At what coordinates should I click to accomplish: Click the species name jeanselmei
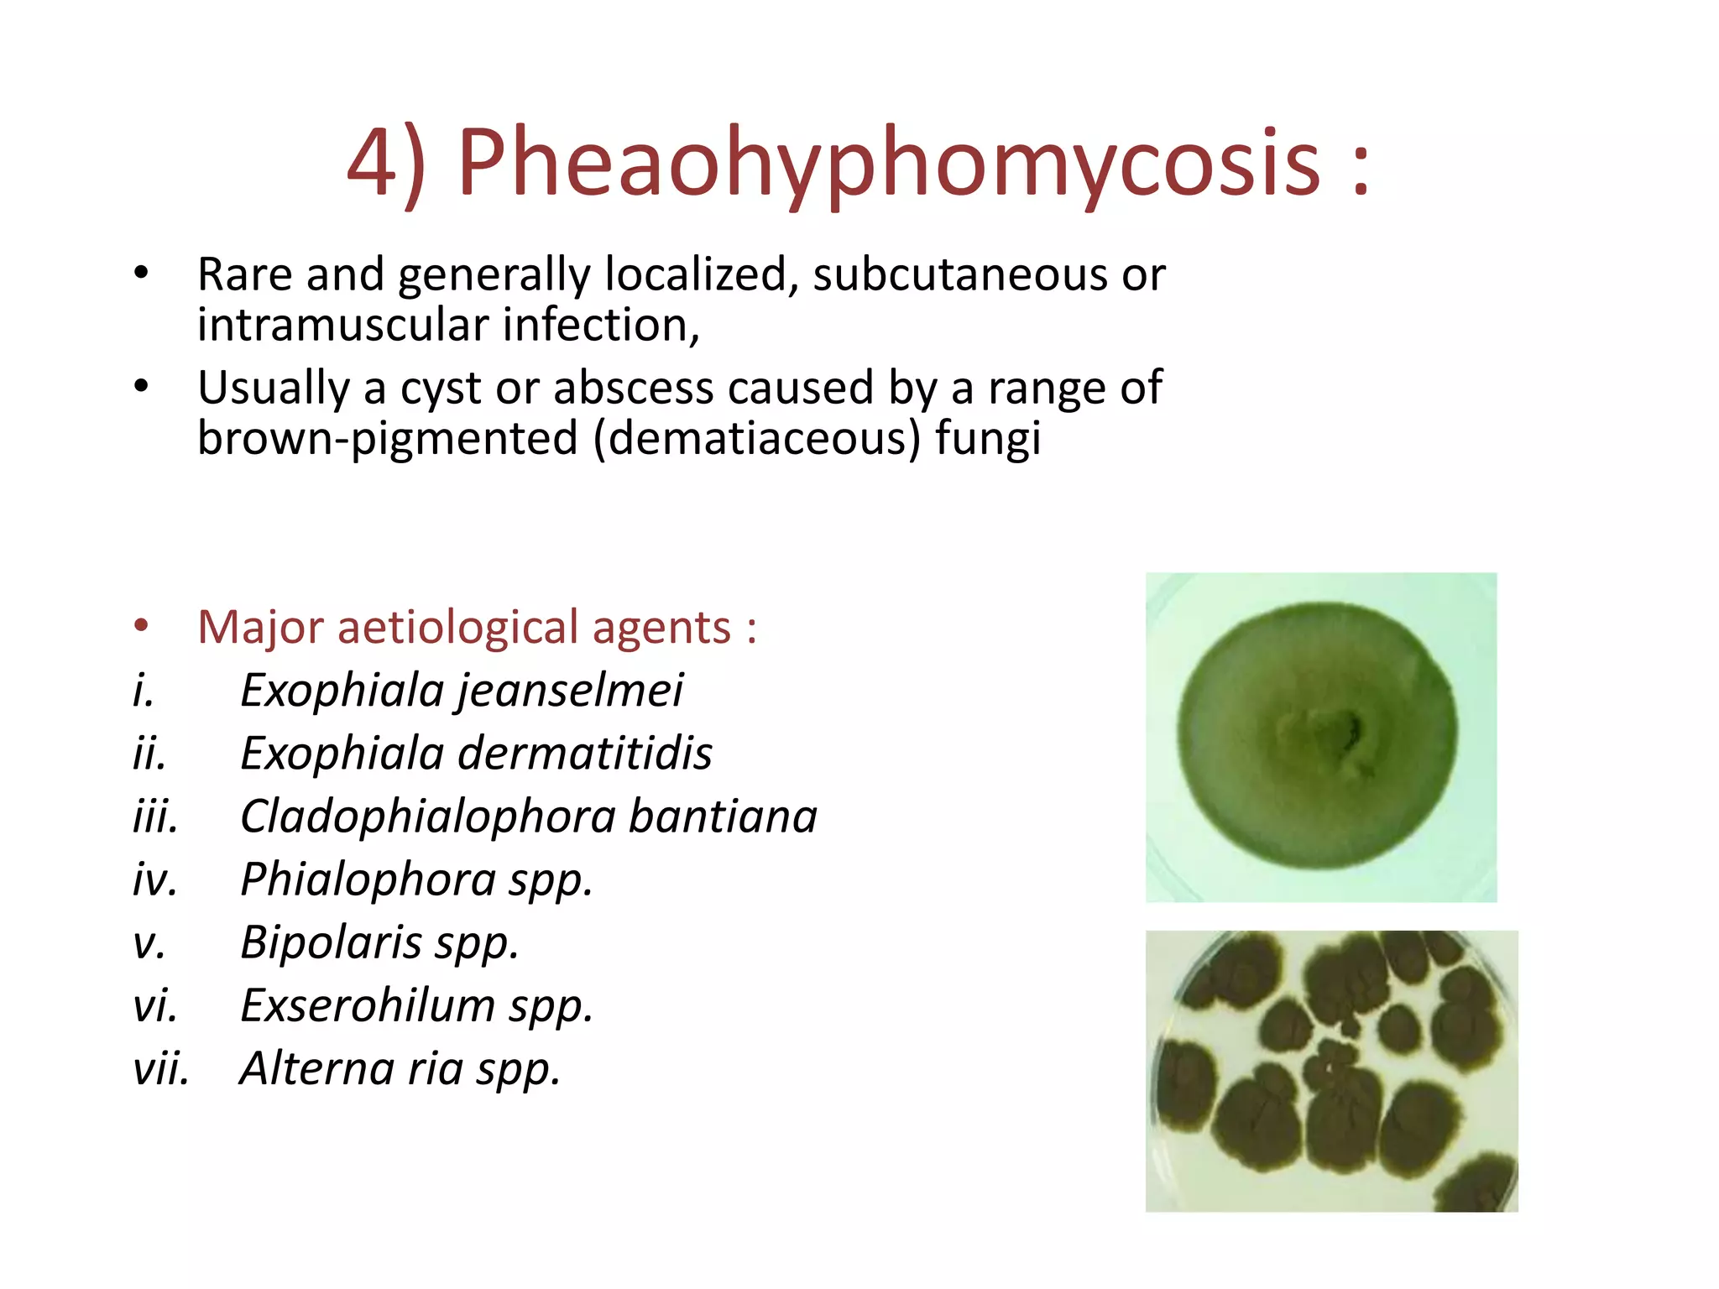tap(571, 691)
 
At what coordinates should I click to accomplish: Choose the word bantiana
tap(723, 817)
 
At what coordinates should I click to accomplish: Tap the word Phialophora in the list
tap(368, 880)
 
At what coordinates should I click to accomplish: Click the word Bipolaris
tap(331, 942)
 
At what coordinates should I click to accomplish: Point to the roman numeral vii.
tap(160, 1069)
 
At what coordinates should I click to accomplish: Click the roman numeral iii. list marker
tap(155, 817)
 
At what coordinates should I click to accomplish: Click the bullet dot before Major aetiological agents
tap(141, 625)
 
